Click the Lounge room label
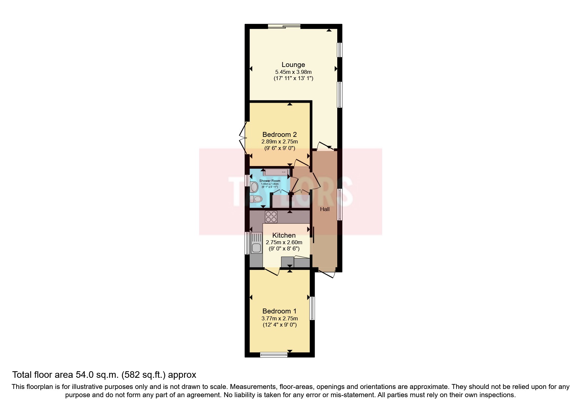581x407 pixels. pos(293,65)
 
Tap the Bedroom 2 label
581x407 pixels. pos(280,135)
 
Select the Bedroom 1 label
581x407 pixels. pos(280,311)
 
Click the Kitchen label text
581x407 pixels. pos(284,235)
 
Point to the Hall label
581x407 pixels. pos(325,209)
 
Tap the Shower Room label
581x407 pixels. pos(270,181)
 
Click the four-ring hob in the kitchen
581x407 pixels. pos(271,217)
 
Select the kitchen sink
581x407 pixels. pos(257,243)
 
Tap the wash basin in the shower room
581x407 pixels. pos(254,187)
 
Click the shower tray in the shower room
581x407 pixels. pos(276,172)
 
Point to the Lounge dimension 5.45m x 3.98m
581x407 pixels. pos(293,72)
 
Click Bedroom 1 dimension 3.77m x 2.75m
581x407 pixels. pos(280,318)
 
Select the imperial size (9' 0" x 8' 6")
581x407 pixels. pos(284,249)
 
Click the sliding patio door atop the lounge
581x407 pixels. pos(284,26)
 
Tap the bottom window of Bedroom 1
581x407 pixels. pos(274,354)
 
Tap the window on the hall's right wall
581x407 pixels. pos(340,204)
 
